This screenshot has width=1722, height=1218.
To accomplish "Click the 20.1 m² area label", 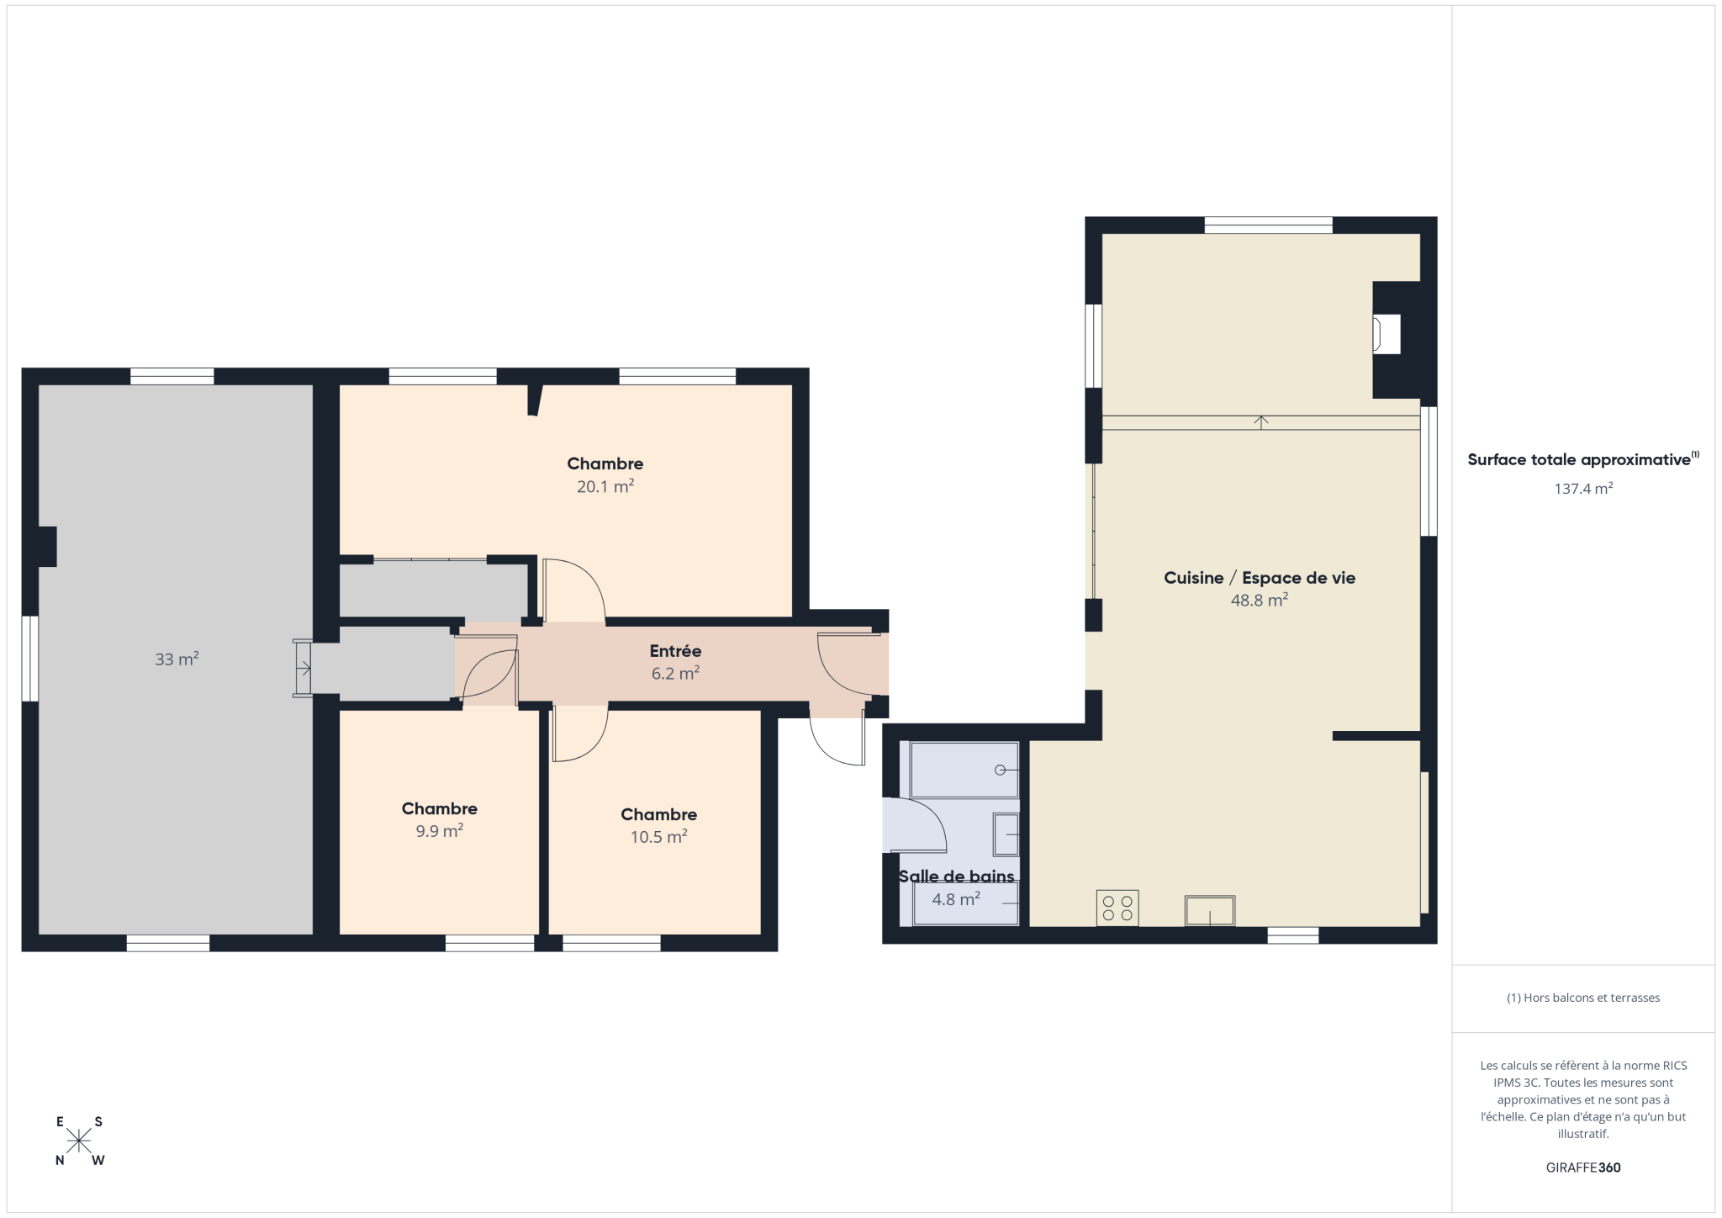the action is tap(605, 486).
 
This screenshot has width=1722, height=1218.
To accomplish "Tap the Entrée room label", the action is tap(675, 651).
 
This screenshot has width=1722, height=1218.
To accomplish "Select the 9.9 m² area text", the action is tap(440, 831).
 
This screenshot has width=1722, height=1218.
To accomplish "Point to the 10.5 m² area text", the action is tap(659, 837).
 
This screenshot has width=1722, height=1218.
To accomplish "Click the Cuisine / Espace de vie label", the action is tap(1260, 578).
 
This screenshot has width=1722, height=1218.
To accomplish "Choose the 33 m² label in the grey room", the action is tap(177, 659).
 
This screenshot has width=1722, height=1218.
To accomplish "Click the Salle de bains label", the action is tap(957, 876).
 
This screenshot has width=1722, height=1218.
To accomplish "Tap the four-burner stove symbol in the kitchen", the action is tap(1117, 908).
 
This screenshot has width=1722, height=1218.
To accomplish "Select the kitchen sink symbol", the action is tap(1210, 911).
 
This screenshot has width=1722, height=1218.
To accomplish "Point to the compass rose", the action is tap(79, 1141).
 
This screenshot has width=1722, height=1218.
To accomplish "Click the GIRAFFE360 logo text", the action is tap(1583, 1168).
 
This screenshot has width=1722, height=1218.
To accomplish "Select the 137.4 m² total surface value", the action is tap(1583, 489).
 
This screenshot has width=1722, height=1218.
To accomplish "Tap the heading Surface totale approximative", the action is tap(1579, 460).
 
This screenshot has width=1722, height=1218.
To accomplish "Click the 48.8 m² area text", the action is tap(1260, 601).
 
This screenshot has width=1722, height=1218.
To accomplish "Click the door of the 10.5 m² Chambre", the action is tap(580, 733).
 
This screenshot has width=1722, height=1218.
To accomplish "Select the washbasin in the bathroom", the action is tap(1006, 834).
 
